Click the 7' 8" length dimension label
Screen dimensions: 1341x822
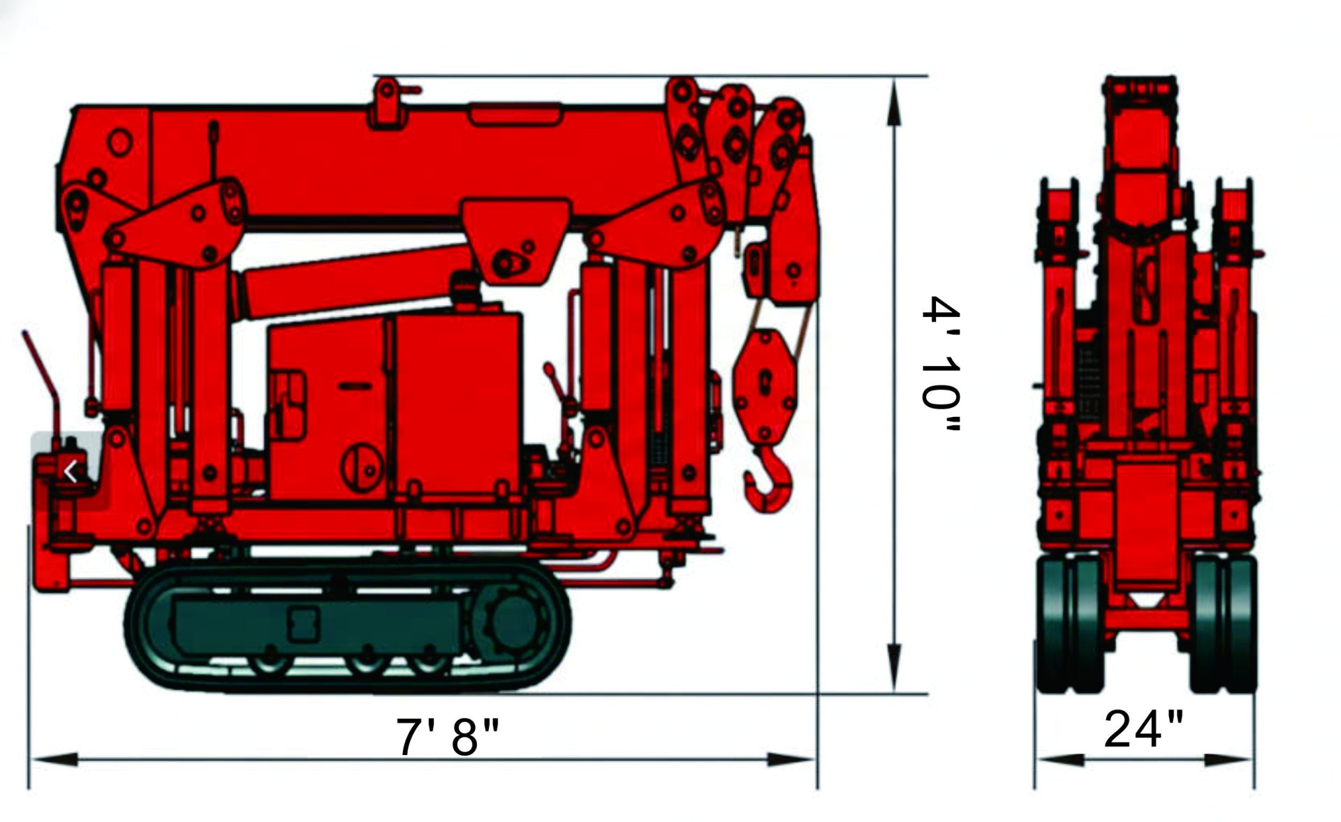click(448, 735)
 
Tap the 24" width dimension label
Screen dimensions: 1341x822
click(1143, 728)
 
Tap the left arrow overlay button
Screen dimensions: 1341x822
click(71, 472)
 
